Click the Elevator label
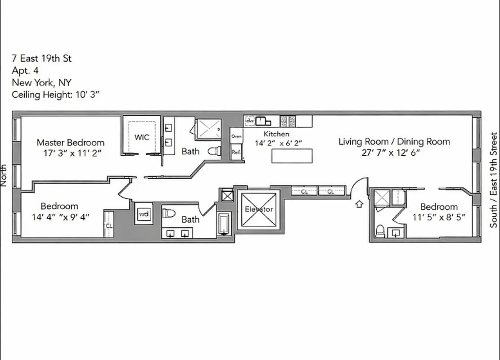coord(258,209)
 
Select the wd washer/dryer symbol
coord(144,214)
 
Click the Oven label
coord(236,136)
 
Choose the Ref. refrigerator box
coord(236,152)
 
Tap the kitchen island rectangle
coord(292,155)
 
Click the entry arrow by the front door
coord(359,204)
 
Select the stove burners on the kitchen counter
coord(288,121)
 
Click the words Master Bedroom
coord(71,143)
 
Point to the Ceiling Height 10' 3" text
coord(55,94)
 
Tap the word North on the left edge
coord(4,175)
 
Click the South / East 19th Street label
coord(494,180)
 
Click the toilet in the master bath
coord(214,151)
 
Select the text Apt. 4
coord(26,70)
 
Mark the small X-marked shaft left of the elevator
coord(227,196)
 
